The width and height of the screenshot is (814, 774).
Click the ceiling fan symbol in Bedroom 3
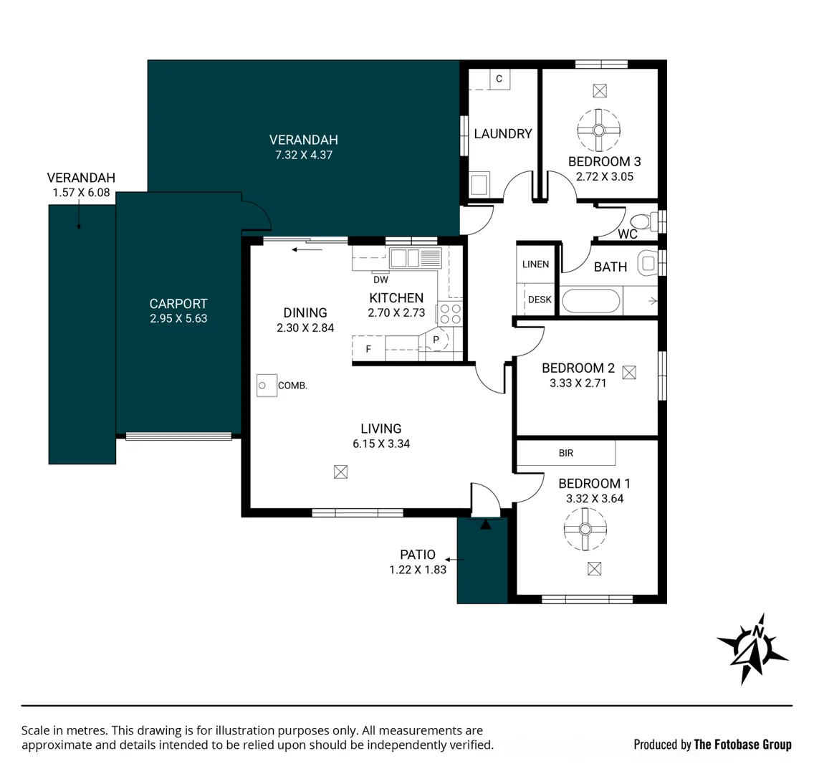tap(598, 130)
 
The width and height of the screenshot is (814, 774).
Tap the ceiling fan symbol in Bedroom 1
tap(585, 529)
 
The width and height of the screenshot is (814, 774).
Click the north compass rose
tap(752, 649)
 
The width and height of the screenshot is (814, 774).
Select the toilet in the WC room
tap(646, 221)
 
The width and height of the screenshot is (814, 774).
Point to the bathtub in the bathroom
tap(590, 301)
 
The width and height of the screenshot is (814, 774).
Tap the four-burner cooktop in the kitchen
tap(450, 314)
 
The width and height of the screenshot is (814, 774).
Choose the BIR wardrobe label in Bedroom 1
tap(566, 453)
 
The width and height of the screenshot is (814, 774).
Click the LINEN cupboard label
tap(535, 264)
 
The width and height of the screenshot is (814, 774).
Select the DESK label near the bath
tap(540, 300)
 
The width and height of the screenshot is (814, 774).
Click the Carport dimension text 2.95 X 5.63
tap(178, 318)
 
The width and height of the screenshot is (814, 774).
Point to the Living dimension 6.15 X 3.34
tap(381, 444)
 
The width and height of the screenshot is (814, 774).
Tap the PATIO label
tap(417, 555)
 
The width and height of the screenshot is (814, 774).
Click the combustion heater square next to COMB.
tap(267, 386)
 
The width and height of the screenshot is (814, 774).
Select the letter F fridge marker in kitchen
tap(368, 349)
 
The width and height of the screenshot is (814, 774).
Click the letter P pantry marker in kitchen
tap(436, 340)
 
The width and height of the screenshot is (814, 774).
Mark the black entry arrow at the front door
tap(485, 525)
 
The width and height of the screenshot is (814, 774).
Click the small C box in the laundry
tap(499, 79)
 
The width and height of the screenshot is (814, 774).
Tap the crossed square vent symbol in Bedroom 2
tap(629, 372)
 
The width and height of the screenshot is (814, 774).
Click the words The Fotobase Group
tap(742, 745)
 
